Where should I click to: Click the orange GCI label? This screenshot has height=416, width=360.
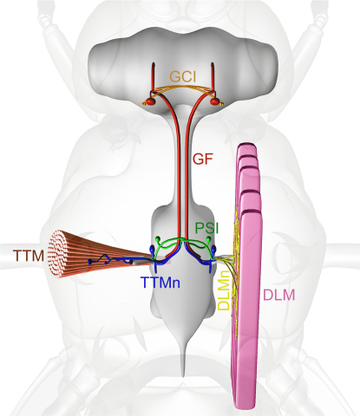(183, 77)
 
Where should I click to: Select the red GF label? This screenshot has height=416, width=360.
(203, 159)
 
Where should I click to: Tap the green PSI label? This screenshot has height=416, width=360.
(206, 228)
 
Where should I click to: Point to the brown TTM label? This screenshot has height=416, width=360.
(29, 256)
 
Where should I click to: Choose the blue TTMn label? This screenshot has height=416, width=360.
(160, 283)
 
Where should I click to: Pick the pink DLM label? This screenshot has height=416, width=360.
(279, 296)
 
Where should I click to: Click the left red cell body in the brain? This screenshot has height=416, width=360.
(150, 101)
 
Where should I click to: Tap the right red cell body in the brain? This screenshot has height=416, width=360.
(215, 101)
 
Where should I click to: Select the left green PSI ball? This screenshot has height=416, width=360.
(158, 238)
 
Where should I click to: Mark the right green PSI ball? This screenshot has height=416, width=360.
(209, 238)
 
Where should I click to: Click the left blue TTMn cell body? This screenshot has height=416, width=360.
(153, 249)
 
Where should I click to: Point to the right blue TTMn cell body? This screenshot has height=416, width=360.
(214, 249)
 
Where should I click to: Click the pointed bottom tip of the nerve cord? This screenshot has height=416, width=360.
(183, 376)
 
